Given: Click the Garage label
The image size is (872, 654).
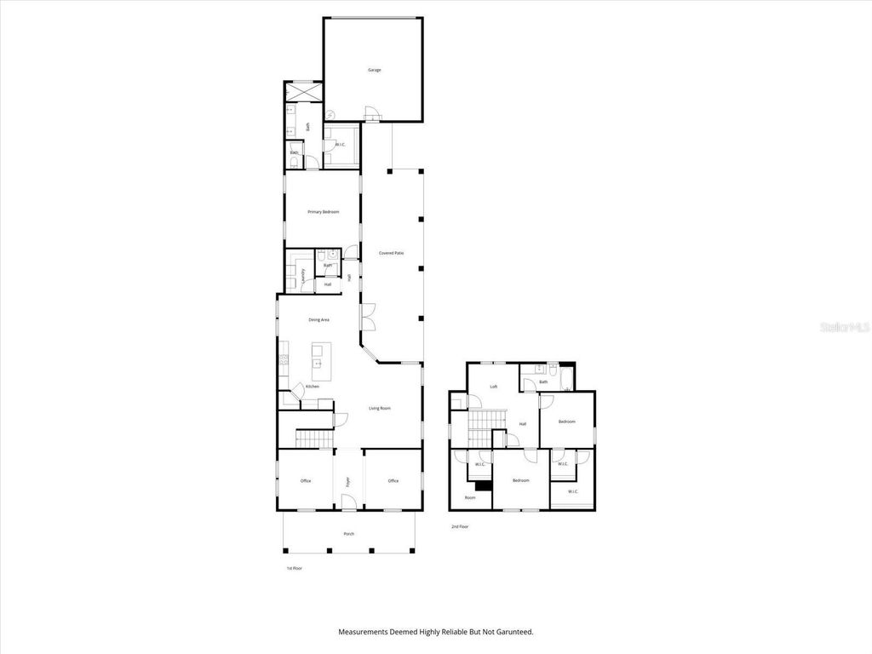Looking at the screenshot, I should click(374, 69).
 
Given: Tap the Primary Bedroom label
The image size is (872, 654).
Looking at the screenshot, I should click(324, 211).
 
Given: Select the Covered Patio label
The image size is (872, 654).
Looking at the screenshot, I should click(379, 253).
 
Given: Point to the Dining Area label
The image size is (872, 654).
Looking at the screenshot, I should click(318, 319).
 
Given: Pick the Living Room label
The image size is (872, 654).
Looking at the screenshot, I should click(380, 409).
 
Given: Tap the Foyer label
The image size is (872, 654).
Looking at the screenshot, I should click(347, 481).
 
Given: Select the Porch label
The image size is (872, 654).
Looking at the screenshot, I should click(348, 534).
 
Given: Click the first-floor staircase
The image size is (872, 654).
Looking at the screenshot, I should click(311, 439).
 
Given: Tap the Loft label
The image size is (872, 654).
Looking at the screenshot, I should click(493, 387).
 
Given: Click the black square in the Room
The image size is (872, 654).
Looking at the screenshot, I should click(483, 486).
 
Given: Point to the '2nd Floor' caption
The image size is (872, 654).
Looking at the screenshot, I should click(460, 527).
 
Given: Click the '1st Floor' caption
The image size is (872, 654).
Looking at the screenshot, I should click(293, 568).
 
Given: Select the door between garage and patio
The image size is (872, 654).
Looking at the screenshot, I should click(371, 113).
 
